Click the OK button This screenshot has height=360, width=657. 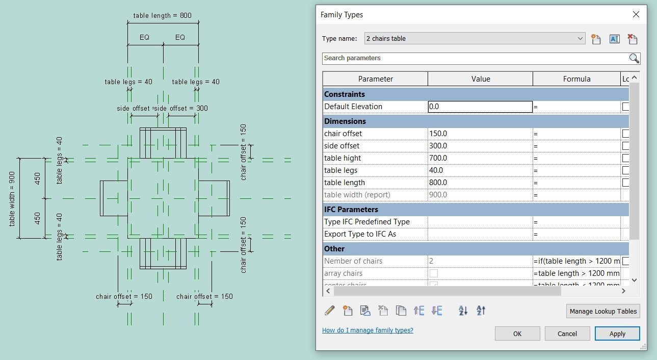517,333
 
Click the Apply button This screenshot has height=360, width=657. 617,333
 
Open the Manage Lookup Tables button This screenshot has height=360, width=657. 602,311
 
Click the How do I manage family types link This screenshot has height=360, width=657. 367,330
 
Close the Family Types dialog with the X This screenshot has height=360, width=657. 636,14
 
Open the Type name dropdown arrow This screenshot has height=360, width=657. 580,39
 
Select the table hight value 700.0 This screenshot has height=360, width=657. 480,158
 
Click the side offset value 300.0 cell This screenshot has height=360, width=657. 480,146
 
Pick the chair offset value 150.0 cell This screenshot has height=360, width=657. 480,134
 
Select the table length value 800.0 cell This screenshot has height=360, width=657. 480,183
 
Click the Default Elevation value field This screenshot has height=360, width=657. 480,107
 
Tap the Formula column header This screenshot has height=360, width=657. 576,79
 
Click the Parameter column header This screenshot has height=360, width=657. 375,79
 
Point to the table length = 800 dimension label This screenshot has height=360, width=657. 163,15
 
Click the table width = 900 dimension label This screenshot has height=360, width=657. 12,199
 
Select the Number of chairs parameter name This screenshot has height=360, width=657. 353,261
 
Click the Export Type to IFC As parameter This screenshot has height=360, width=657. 360,234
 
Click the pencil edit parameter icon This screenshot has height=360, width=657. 330,311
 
